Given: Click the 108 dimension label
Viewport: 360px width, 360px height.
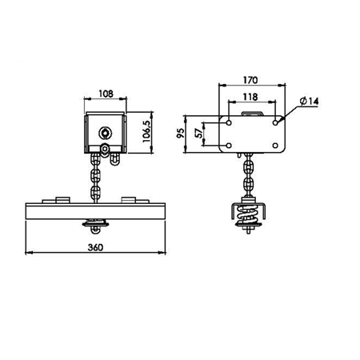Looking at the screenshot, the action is point(106,94).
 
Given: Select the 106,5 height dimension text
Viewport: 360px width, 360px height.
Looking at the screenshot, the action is point(146,131).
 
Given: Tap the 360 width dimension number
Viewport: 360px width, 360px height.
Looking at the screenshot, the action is point(95,247).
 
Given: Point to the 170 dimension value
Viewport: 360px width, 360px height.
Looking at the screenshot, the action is point(250,80).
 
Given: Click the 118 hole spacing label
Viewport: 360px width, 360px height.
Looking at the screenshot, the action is point(250,97).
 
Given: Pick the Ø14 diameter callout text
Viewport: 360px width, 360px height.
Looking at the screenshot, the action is point(309,101).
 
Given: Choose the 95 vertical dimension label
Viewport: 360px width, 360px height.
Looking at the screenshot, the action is point(181,133).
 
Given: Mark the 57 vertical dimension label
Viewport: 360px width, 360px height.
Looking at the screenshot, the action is point(198,133).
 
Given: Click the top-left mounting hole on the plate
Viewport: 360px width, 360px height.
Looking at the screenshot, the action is point(229,122).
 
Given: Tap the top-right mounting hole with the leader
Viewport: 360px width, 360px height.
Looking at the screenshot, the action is point(275,122).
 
